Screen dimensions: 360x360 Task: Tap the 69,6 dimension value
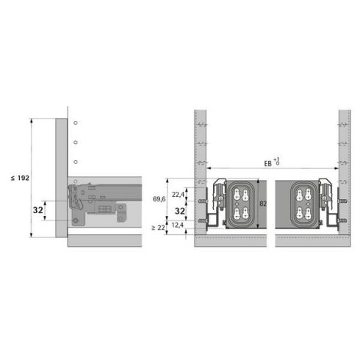pyautogui.click(x=159, y=199)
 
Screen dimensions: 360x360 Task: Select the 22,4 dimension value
pyautogui.click(x=179, y=194)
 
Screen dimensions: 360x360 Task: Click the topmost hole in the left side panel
pyautogui.click(x=75, y=121)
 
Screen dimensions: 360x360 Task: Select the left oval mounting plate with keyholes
pyautogui.click(x=238, y=205)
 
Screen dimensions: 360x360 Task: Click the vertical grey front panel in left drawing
pyautogui.click(x=61, y=176)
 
